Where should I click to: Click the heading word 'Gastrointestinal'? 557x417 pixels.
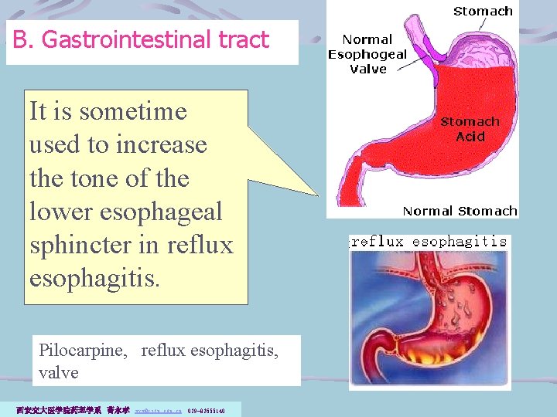(134, 39)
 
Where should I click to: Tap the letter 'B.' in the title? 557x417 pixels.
(23, 39)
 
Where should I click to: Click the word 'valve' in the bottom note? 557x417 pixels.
(59, 372)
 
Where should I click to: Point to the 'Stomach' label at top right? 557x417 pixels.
(483, 11)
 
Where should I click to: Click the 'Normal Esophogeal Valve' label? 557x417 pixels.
(367, 53)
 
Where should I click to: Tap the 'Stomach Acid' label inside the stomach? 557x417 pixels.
(470, 129)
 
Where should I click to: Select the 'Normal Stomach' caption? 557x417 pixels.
(460, 211)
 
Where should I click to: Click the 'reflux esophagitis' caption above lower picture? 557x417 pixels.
(429, 241)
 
